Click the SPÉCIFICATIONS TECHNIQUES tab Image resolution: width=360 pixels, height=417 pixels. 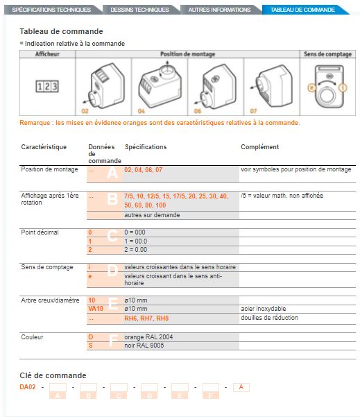[x=51, y=10]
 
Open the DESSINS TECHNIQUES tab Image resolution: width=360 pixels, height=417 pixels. [x=140, y=10]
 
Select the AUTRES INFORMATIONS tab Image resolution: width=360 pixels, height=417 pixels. [x=220, y=10]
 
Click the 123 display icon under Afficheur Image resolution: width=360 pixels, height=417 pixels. [x=46, y=86]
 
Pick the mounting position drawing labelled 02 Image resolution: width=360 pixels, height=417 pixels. [x=100, y=86]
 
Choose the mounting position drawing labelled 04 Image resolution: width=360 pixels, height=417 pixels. [x=160, y=85]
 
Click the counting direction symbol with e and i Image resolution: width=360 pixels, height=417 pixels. [x=327, y=86]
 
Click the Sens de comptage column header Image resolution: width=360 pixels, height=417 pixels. [x=327, y=53]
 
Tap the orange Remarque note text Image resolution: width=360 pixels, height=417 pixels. [x=160, y=123]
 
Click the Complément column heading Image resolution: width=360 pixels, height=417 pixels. [x=259, y=147]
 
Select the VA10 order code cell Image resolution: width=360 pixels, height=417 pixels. [x=96, y=308]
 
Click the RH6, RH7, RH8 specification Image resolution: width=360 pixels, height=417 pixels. [x=146, y=318]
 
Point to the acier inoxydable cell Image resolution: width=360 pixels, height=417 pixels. [x=264, y=308]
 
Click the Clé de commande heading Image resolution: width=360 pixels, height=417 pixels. [x=53, y=375]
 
